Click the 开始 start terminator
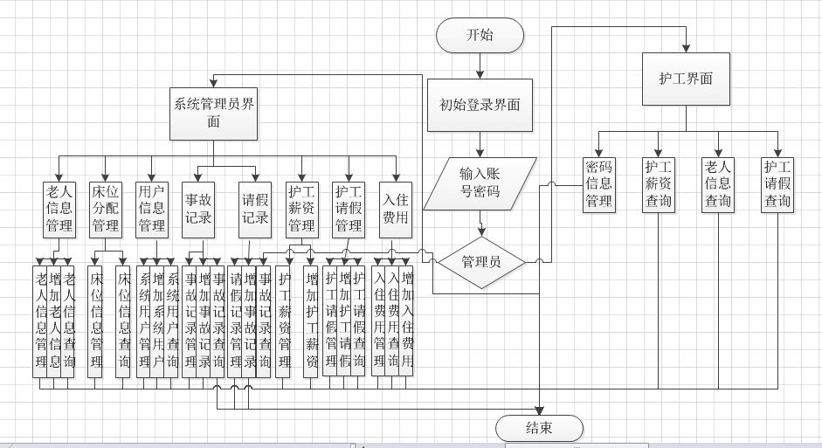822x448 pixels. tap(480, 36)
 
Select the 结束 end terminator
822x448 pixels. tap(538, 428)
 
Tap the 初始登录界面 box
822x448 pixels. tap(480, 105)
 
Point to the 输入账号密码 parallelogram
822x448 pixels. tap(480, 183)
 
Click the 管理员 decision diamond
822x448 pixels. tap(480, 261)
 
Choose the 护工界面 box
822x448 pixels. tap(686, 79)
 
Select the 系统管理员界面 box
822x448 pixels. tap(214, 114)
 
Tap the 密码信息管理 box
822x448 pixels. tap(598, 184)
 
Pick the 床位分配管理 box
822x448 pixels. tap(106, 209)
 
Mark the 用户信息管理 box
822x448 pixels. tap(152, 209)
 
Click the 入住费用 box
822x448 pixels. tap(396, 209)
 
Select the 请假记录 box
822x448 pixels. tap(255, 209)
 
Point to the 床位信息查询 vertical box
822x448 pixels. tap(123, 320)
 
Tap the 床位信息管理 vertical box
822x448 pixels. tap(95, 320)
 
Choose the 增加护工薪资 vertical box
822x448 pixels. tap(310, 320)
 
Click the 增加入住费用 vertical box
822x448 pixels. tap(406, 320)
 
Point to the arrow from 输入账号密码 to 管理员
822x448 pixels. tap(480, 224)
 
